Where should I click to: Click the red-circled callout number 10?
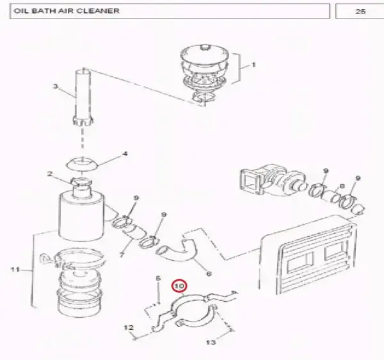(179, 286)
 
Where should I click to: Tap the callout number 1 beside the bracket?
(253, 65)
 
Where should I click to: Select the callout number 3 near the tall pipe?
(56, 86)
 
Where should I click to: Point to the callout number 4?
(125, 154)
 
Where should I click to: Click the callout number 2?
(50, 174)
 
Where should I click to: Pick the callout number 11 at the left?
(15, 270)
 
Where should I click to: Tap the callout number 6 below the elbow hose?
(209, 274)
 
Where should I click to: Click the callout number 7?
(122, 255)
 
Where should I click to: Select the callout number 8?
(342, 186)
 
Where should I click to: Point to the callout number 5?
(158, 278)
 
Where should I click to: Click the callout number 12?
(129, 327)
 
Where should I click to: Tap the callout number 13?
(211, 342)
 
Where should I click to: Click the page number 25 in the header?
(360, 12)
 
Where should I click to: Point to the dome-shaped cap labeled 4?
(83, 164)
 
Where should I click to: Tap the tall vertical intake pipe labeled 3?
(83, 98)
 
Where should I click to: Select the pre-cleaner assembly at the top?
(205, 74)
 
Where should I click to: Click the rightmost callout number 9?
(358, 178)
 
